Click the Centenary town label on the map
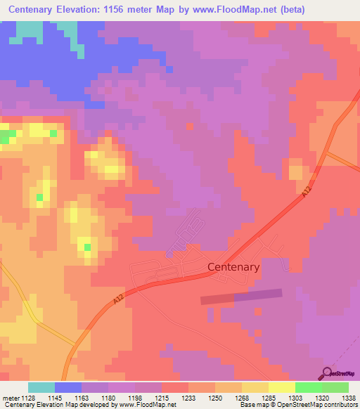(234, 267)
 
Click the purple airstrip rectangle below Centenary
(241, 297)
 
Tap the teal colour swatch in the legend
(41, 387)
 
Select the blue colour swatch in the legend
(67, 387)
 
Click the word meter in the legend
(11, 397)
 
